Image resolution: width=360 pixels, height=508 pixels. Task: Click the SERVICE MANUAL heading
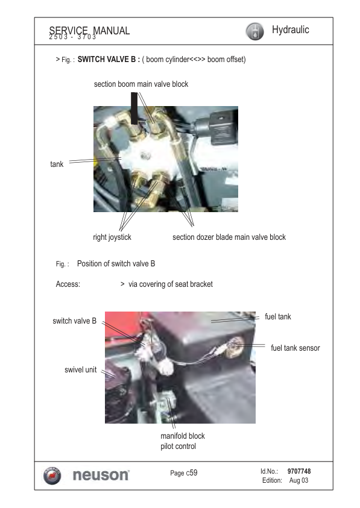(89, 31)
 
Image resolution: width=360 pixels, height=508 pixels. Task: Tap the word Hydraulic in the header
(291, 30)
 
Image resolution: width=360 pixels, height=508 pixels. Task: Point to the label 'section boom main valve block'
(141, 84)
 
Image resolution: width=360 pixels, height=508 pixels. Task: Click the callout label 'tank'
(57, 164)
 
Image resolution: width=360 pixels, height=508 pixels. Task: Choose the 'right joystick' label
(112, 237)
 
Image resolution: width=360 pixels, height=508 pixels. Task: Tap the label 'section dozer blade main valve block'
(229, 237)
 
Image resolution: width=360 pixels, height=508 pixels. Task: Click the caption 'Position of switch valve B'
(116, 263)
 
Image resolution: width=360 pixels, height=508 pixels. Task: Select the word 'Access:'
(68, 284)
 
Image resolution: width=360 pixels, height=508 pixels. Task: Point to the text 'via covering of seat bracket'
(171, 284)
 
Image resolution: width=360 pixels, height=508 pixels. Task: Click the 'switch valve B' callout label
(75, 321)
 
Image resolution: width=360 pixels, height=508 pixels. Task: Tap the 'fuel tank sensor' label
(295, 348)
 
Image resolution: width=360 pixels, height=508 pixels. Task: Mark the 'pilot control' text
(178, 447)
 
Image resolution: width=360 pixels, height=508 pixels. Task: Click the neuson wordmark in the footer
(99, 475)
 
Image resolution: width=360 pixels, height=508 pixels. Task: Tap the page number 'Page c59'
(183, 473)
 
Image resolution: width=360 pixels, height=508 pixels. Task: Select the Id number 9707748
(299, 471)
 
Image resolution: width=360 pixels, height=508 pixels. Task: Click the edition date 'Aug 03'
(298, 480)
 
